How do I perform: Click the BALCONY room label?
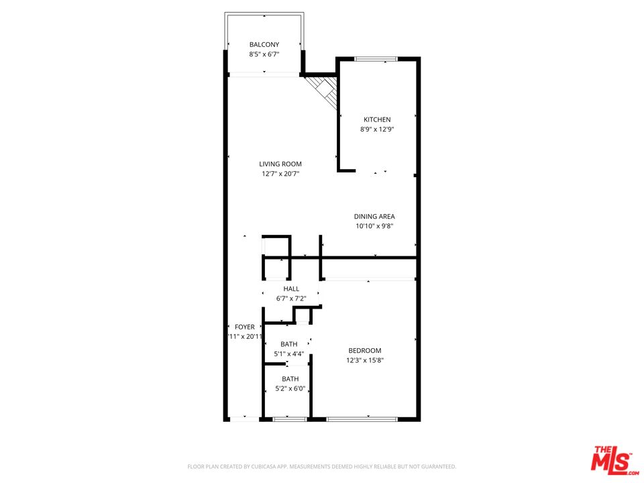click(264, 45)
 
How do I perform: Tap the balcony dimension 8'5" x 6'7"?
click(264, 55)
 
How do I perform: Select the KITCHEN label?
click(377, 120)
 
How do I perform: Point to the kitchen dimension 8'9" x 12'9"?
click(377, 130)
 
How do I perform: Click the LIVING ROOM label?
click(280, 164)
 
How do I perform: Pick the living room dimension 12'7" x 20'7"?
click(280, 174)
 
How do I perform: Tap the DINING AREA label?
click(374, 216)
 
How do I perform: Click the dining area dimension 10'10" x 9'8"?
click(374, 226)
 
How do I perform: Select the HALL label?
click(291, 288)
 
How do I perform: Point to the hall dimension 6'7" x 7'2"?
click(291, 299)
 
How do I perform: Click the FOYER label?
click(244, 327)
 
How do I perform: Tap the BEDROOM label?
click(365, 350)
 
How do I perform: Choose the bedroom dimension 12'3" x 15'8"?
click(365, 360)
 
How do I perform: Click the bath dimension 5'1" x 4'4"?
click(289, 354)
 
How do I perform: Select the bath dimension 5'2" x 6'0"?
click(289, 388)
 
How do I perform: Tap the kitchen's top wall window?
click(376, 59)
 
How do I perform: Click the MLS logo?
click(612, 460)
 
